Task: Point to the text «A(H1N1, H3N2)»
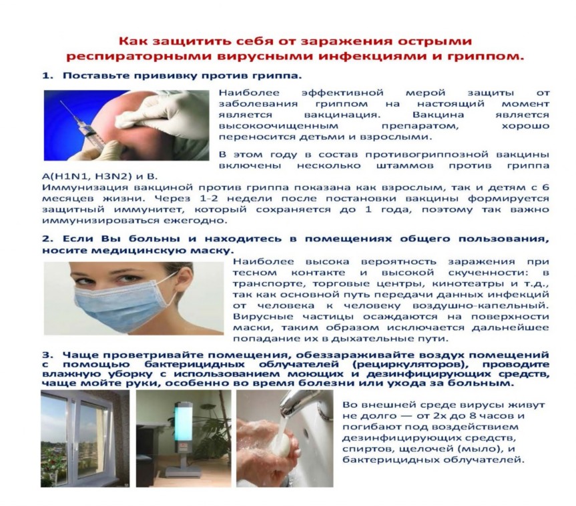pyautogui.click(x=87, y=177)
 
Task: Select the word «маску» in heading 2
pyautogui.click(x=214, y=251)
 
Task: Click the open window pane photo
pyautogui.click(x=85, y=439)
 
